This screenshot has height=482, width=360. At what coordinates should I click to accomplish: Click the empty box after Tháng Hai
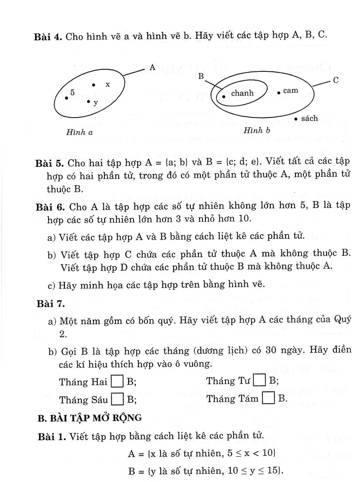117,382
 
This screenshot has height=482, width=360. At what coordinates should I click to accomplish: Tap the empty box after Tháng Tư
259,380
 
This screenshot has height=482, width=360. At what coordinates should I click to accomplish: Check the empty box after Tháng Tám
268,398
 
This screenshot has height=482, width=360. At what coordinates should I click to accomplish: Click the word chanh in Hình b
242,93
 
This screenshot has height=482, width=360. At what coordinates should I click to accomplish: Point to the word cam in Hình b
290,91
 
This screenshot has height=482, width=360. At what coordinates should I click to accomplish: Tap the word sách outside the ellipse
309,118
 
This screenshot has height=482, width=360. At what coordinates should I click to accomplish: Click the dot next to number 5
66,98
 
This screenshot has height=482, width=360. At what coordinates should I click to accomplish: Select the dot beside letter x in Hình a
94,85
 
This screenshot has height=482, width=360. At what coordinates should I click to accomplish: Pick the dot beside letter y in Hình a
88,102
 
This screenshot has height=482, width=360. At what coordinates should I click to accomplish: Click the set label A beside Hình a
152,68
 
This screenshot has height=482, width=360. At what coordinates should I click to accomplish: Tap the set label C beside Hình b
336,80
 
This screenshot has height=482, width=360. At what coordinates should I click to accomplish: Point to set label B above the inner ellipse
201,77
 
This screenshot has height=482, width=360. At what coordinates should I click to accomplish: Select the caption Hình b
257,130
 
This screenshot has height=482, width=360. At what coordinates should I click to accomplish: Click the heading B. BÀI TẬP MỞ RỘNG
90,418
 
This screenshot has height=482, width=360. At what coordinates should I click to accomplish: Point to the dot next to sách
296,119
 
